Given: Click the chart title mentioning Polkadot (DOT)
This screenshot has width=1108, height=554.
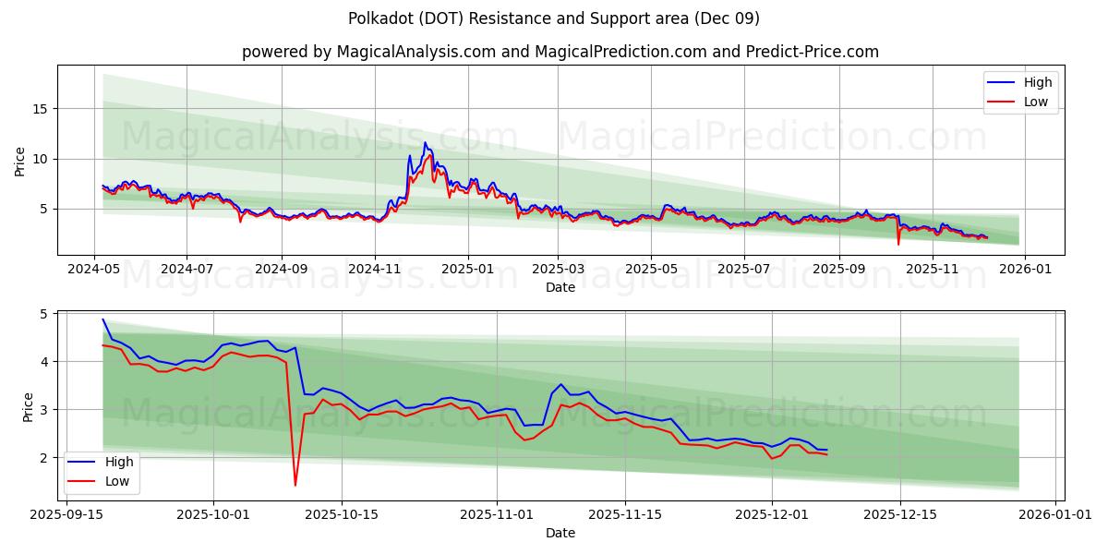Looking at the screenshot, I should tap(554, 18).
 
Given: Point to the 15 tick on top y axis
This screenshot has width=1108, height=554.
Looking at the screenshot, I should tap(41, 109).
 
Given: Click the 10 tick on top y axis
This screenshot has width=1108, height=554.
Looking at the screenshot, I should tap(41, 159).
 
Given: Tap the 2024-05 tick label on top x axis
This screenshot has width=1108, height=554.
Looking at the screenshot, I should tap(94, 269).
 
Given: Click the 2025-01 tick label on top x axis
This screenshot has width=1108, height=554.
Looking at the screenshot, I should tap(468, 269).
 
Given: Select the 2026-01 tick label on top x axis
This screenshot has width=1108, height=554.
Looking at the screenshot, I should tap(1026, 269).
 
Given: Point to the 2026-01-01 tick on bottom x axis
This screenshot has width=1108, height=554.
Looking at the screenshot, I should tap(1054, 514).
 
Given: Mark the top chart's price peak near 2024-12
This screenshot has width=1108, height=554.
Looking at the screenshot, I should tap(425, 143).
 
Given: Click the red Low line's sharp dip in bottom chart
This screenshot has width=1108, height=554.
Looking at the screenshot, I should tap(295, 485).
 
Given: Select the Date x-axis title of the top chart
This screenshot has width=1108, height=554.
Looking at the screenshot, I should tap(560, 287).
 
